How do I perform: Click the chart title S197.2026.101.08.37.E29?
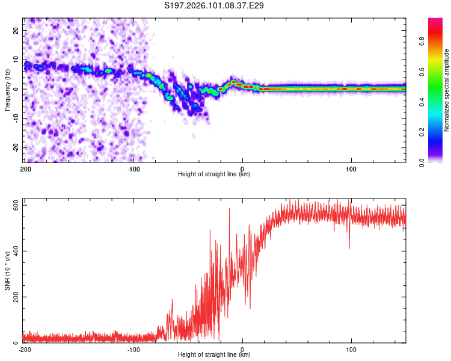pos(215,5)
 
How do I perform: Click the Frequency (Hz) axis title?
pos(8,90)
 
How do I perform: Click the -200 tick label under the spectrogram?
pos(25,168)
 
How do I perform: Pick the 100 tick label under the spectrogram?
pos(351,168)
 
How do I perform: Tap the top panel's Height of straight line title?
pos(214,174)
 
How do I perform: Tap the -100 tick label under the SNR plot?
pos(133,349)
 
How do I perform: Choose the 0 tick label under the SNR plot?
pos(242,349)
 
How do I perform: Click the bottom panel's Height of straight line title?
pos(214,355)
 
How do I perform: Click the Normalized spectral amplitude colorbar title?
pos(447,90)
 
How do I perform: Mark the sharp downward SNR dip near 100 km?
pos(349,247)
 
